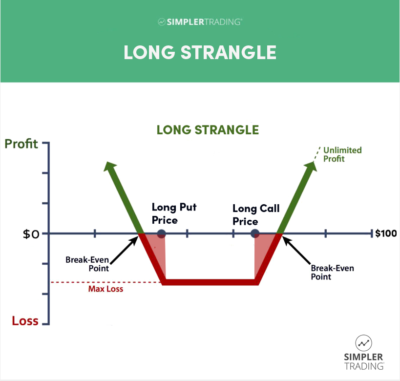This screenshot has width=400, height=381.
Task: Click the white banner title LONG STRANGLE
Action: pos(199,51)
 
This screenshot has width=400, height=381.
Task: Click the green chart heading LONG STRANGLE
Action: pos(199,129)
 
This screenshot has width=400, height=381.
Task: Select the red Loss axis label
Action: pos(25,322)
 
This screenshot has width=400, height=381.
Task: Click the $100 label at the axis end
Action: pos(384,234)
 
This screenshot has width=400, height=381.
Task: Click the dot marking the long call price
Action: pos(255,234)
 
